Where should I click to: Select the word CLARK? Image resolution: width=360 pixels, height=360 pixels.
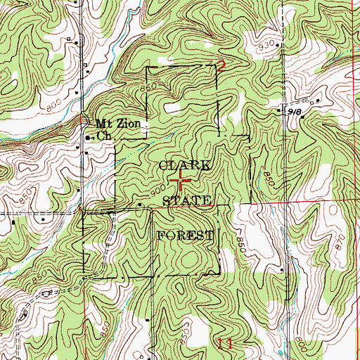184,166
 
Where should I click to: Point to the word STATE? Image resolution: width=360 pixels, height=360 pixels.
187,201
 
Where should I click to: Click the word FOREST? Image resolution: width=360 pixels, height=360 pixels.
184,234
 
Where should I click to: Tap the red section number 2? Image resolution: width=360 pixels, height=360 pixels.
220,67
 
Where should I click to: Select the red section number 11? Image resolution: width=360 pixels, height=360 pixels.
225,344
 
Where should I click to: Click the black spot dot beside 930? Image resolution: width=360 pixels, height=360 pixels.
279,46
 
